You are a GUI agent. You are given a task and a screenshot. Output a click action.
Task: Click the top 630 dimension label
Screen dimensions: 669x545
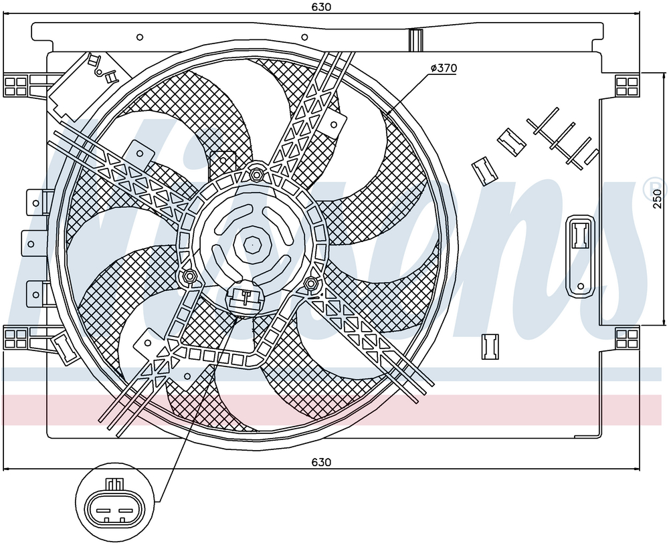(321, 7)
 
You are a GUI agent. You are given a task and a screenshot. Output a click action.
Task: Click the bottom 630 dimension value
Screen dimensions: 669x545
(321, 462)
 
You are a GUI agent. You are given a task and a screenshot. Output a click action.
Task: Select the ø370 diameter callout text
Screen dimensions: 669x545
(444, 68)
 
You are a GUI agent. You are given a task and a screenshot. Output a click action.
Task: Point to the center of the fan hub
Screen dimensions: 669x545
(253, 245)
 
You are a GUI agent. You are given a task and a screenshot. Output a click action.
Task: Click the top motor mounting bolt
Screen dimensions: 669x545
(256, 174)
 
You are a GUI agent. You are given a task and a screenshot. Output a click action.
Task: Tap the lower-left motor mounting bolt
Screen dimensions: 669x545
(189, 276)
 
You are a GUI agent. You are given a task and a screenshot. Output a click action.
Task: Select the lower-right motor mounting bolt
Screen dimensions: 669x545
(312, 282)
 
